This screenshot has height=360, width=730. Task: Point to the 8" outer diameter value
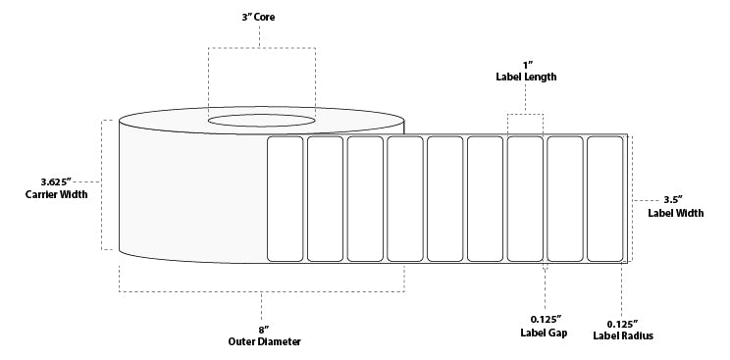pyautogui.click(x=261, y=329)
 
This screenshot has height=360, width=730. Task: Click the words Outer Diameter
pyautogui.click(x=261, y=341)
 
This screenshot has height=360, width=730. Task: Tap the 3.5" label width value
pyautogui.click(x=675, y=200)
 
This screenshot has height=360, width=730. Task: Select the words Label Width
pyautogui.click(x=675, y=213)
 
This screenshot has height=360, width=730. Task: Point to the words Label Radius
pyautogui.click(x=623, y=336)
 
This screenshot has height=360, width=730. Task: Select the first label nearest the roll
pyautogui.click(x=286, y=199)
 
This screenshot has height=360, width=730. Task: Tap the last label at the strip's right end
pyautogui.click(x=604, y=199)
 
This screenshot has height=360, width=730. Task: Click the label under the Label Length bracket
pyautogui.click(x=525, y=199)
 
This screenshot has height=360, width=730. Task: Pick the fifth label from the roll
pyautogui.click(x=444, y=199)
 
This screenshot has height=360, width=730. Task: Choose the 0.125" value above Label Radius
pyautogui.click(x=623, y=323)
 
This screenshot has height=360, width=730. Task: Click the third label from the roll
pyautogui.click(x=365, y=199)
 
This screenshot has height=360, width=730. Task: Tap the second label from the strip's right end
pyautogui.click(x=564, y=199)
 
